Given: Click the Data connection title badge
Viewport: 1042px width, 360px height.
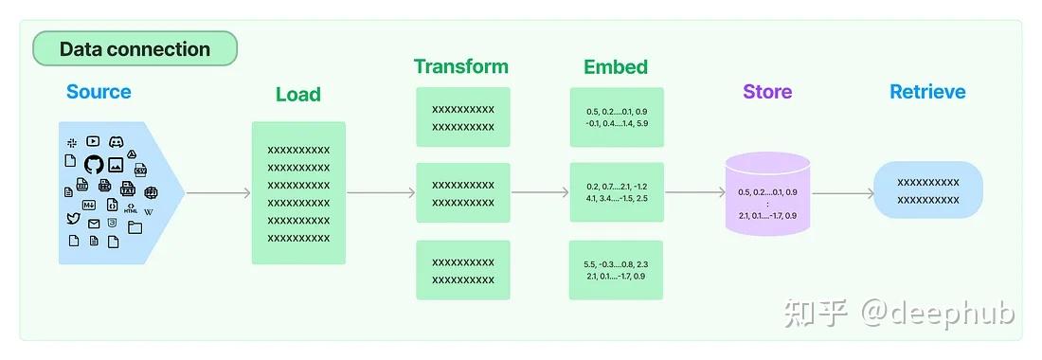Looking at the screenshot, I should click(x=135, y=49).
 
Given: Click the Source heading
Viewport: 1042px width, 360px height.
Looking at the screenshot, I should click(x=99, y=92).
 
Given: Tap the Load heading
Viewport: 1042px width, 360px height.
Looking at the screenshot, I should click(x=298, y=95).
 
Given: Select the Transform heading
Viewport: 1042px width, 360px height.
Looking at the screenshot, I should click(x=461, y=66).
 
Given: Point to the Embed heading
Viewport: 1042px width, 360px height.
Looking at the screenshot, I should click(x=616, y=66).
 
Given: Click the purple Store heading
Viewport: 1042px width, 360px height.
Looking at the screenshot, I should click(x=767, y=92).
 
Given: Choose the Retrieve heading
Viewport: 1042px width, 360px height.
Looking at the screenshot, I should click(x=927, y=92).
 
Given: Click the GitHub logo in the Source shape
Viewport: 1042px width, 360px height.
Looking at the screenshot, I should click(x=93, y=164).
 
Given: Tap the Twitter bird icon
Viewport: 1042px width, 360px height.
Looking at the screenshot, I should click(x=73, y=219).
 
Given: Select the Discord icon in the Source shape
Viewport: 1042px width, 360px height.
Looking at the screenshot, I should click(x=117, y=141).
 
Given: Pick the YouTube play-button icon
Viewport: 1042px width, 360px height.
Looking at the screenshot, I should click(x=93, y=141).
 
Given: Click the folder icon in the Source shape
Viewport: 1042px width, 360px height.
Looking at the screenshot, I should click(x=135, y=226).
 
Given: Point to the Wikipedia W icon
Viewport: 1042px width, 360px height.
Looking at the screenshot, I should click(x=149, y=210).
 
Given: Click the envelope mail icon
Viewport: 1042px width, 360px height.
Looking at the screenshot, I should click(x=94, y=224).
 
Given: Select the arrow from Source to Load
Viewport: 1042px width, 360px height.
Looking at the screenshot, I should click(x=219, y=193).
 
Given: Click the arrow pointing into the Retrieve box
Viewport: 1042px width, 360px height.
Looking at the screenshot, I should click(x=843, y=193).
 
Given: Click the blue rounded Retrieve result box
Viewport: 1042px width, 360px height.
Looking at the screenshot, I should click(x=927, y=190).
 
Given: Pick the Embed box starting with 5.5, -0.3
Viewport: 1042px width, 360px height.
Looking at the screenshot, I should click(x=616, y=270).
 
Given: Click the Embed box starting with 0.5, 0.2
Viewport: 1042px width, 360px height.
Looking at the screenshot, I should click(x=616, y=117).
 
